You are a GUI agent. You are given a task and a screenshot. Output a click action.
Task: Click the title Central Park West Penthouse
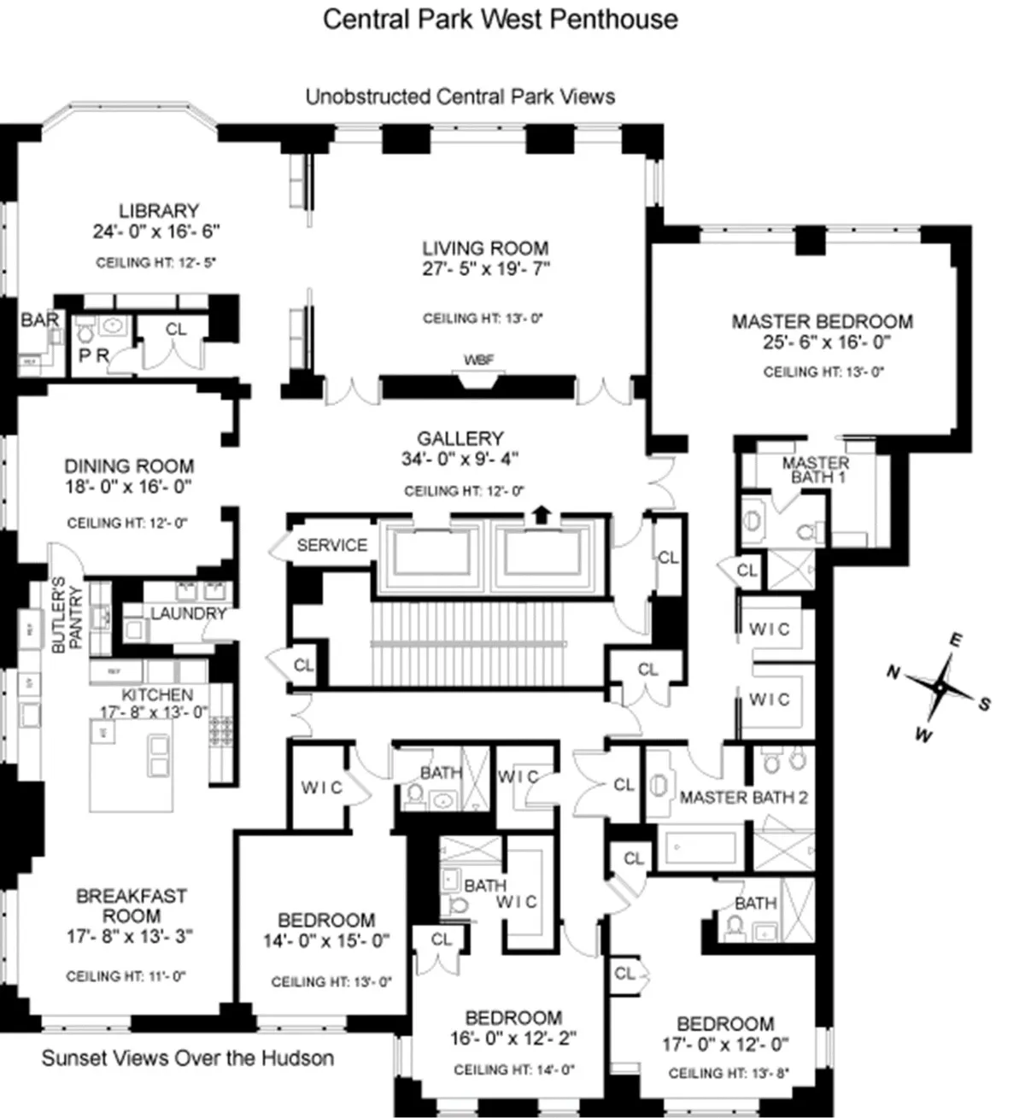pyautogui.click(x=500, y=20)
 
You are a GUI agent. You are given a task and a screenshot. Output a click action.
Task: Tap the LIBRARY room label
pyautogui.click(x=159, y=210)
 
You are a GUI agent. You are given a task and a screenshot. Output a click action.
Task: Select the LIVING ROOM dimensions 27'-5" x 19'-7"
pyautogui.click(x=485, y=269)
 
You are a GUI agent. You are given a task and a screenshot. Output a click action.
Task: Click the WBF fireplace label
pyautogui.click(x=478, y=360)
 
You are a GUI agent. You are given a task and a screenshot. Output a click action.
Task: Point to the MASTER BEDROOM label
pyautogui.click(x=822, y=322)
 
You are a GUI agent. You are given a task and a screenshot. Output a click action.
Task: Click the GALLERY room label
pyautogui.click(x=460, y=438)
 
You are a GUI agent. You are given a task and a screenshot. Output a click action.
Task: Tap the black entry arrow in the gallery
pyautogui.click(x=540, y=512)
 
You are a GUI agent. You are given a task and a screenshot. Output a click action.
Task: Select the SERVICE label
pyautogui.click(x=331, y=546)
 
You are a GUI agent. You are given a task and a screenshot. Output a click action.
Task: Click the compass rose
pyautogui.click(x=940, y=686)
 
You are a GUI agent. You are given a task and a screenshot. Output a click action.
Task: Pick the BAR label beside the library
pyautogui.click(x=39, y=320)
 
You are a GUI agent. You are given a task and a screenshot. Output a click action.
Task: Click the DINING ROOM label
pyautogui.click(x=129, y=466)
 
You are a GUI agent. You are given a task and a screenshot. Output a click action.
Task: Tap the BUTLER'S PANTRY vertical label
pyautogui.click(x=67, y=616)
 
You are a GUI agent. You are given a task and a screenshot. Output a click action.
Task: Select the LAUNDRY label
pyautogui.click(x=188, y=613)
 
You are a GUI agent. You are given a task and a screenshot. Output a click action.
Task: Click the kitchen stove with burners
pyautogui.click(x=221, y=732)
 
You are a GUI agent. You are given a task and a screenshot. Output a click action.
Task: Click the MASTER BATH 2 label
pyautogui.click(x=743, y=798)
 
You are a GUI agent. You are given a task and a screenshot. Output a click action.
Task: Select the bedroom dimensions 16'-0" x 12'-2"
pyautogui.click(x=512, y=1039)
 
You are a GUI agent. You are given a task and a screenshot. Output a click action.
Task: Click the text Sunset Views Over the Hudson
pyautogui.click(x=188, y=1058)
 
